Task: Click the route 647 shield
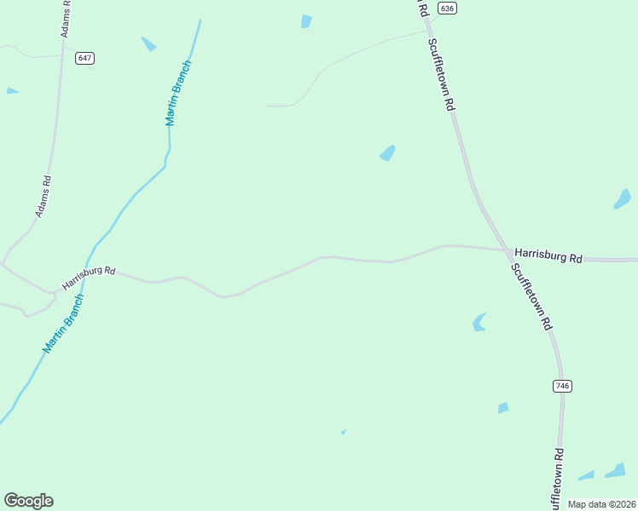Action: point(84,58)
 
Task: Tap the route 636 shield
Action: point(447,8)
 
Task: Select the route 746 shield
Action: point(561,386)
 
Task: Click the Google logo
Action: point(28,500)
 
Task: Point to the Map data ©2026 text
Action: point(602,504)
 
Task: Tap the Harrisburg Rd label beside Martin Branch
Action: point(89,275)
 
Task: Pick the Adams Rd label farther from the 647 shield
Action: point(43,197)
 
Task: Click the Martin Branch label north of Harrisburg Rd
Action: point(178,94)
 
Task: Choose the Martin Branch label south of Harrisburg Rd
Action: point(64,324)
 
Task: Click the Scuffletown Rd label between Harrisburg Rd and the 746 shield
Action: point(532,296)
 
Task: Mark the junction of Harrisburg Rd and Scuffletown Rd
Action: point(507,251)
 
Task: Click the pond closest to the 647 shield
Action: point(148,43)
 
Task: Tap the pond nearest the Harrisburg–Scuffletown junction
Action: point(479,322)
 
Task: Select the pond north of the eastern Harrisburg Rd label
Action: point(623,199)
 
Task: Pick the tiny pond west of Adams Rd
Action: point(11,90)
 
